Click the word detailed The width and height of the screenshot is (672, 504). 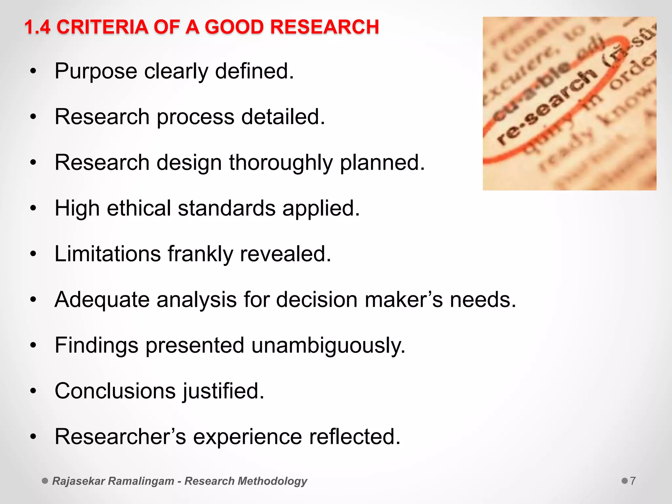point(283,117)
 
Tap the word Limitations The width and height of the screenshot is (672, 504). point(108,254)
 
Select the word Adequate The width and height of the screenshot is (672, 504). point(102,300)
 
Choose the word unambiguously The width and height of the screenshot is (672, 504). point(328,346)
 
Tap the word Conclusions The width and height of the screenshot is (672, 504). point(115,391)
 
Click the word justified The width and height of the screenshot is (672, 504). point(223,391)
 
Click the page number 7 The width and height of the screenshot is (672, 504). point(633,481)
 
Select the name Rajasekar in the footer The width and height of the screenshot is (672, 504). point(79,481)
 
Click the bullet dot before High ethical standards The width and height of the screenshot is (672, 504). point(33,208)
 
